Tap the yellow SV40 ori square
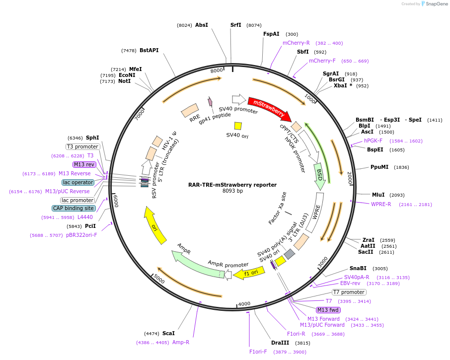pos(238,126)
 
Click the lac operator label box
pos(78,183)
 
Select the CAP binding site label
pos(73,209)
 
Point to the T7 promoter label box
pos(349,292)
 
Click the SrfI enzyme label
pos(235,25)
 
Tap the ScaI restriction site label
pos(168,333)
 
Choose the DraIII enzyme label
pos(280,343)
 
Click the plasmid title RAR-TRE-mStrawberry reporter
pos(232,185)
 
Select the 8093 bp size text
pos(232,191)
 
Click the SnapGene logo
pos(433,4)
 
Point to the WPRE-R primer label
pos(381,204)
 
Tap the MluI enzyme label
pos(378,195)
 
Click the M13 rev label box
pos(84,164)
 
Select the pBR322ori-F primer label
pos(81,235)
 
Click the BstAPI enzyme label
pos(149,50)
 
